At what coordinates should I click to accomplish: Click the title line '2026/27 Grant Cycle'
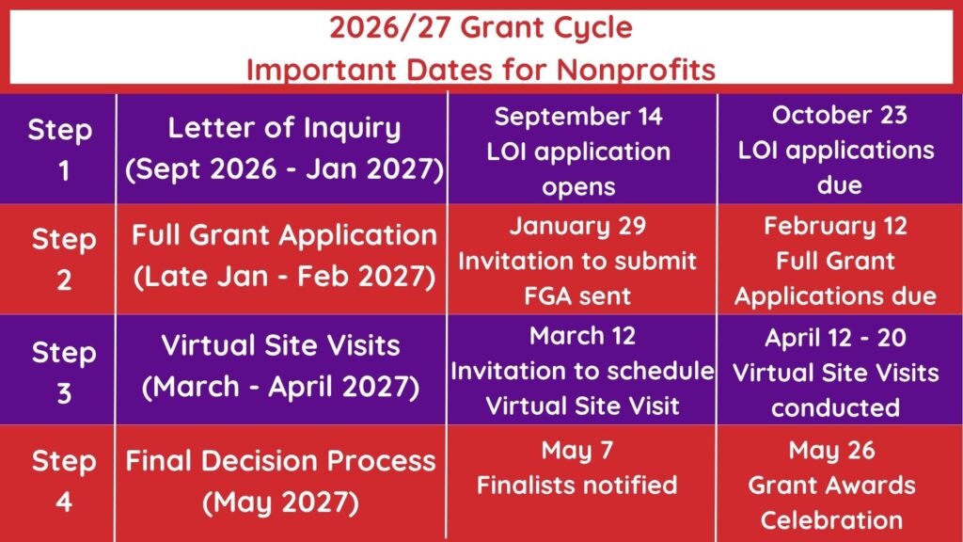coord(481,27)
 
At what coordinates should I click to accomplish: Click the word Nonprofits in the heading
coord(636,69)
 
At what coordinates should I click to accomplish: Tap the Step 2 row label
coord(64,259)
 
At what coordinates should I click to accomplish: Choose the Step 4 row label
coord(64,481)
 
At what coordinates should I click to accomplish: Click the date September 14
coord(578,116)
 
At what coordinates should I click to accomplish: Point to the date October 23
coord(839,115)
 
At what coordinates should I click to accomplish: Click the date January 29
coord(578,226)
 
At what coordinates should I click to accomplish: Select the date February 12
coord(835,226)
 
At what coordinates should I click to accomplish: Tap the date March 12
coord(582,336)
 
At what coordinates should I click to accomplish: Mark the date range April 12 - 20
coord(835,338)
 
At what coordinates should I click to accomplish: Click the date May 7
coord(577,451)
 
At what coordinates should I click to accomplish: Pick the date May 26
coord(831,451)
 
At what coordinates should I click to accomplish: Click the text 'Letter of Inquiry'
coord(284,128)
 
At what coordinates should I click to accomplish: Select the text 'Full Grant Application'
coord(284,236)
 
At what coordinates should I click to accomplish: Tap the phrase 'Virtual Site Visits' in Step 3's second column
coord(280,345)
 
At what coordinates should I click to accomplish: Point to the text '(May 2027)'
coord(280,502)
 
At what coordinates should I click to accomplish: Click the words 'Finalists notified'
coord(577,486)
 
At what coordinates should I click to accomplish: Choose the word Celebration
coord(831,520)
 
